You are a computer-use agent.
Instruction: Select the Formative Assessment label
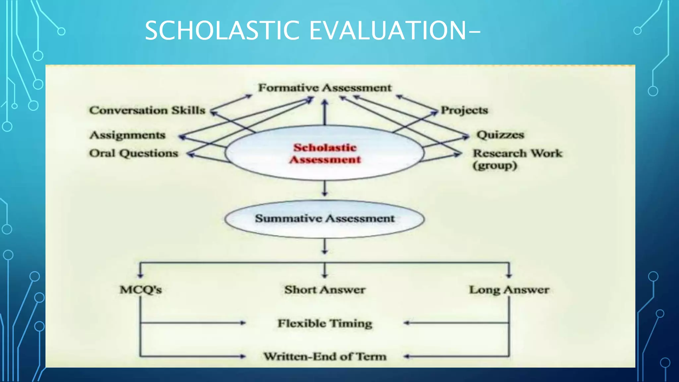coord(325,88)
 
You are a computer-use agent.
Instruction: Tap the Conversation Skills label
coord(147,110)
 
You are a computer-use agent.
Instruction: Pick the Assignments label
coord(127,135)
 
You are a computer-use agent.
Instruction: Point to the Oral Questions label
coord(134,153)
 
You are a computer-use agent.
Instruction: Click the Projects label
coord(464,110)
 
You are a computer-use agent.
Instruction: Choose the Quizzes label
coord(500,135)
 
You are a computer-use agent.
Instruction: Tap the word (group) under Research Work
coord(495,165)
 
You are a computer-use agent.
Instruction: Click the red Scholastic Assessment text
coord(325,154)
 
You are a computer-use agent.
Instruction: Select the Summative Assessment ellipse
coord(325,219)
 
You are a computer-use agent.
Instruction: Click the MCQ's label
coord(141,289)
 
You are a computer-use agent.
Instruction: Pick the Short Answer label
coord(325,289)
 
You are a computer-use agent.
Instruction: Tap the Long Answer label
coord(509,289)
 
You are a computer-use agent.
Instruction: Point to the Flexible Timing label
coord(325,323)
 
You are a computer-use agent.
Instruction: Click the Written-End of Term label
coord(325,356)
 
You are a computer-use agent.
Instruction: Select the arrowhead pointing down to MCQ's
coord(141,275)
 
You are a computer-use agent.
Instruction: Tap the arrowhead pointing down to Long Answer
coord(509,275)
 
